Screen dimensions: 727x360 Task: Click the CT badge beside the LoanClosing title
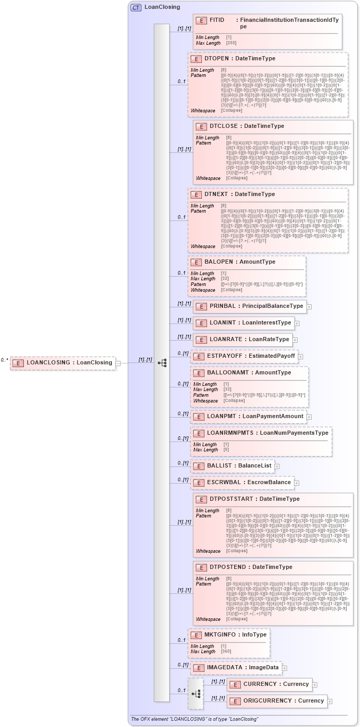click(x=136, y=7)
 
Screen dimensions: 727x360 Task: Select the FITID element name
click(x=217, y=20)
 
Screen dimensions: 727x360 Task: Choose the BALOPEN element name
click(x=218, y=262)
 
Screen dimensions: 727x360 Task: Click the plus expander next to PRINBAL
click(x=309, y=307)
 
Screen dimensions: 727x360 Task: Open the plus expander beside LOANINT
click(x=297, y=323)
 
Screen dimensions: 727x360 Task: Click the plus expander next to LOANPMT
click(x=309, y=417)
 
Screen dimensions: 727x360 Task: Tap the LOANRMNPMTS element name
click(x=231, y=433)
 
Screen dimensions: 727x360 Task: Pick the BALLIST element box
click(x=232, y=466)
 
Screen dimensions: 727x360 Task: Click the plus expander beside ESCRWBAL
click(x=297, y=483)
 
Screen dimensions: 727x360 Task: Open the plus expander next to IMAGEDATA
click(x=285, y=668)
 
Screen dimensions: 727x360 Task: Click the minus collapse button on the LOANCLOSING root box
click(x=118, y=363)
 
